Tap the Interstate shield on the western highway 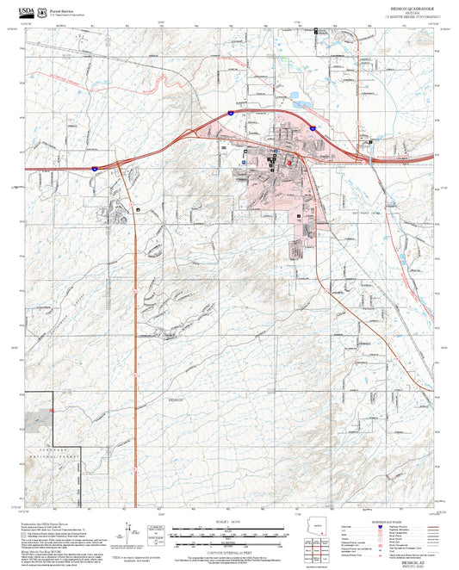pyautogui.click(x=94, y=169)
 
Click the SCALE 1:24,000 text pyautogui.click(x=229, y=521)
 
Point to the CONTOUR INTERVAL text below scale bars pyautogui.click(x=229, y=549)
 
